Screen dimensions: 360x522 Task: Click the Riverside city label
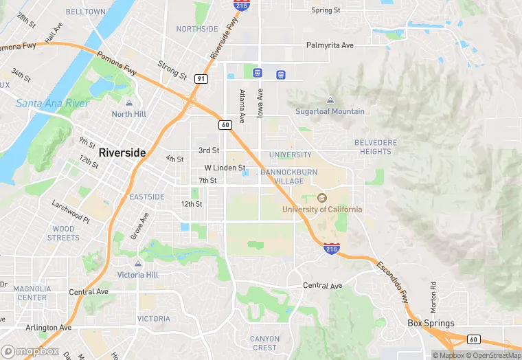(x=122, y=153)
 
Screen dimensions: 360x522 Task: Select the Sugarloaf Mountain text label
(x=330, y=111)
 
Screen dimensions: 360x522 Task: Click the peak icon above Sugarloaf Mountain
(x=330, y=100)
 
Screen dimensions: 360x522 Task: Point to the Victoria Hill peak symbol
(x=138, y=264)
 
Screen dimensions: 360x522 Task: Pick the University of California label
(x=322, y=209)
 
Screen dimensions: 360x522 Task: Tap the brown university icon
(x=322, y=198)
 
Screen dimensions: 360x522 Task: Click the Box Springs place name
(x=431, y=323)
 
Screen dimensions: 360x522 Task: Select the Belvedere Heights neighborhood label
(x=376, y=146)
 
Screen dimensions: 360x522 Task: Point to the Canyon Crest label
(x=264, y=343)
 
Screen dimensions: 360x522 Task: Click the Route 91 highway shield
(x=201, y=78)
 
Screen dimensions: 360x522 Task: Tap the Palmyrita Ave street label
(x=330, y=45)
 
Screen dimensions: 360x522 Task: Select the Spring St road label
(x=326, y=10)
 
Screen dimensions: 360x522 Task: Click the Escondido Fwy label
(x=392, y=281)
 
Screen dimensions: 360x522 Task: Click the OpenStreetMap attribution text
(x=492, y=355)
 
